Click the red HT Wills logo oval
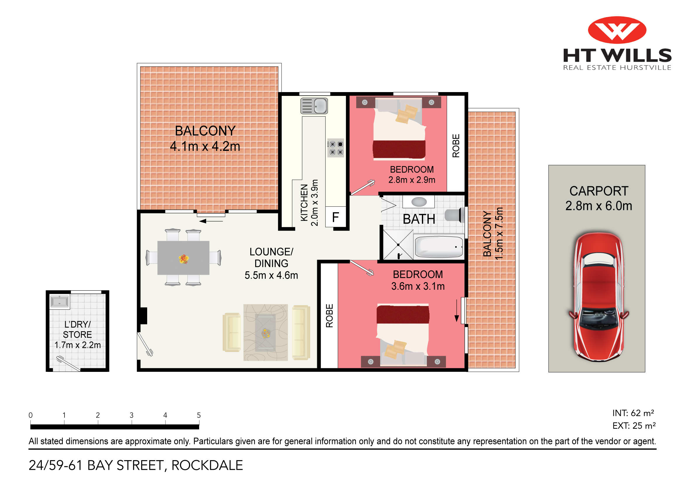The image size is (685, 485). click(x=617, y=30)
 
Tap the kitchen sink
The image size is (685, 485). click(x=314, y=106)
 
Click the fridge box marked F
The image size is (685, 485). click(x=335, y=217)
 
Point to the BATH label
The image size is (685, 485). click(x=419, y=220)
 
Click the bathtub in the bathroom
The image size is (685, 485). click(x=439, y=247)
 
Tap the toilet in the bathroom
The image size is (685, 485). click(x=454, y=215)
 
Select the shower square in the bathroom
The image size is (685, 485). click(x=398, y=245)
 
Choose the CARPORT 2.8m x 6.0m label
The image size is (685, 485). click(x=599, y=199)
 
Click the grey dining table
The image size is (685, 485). click(x=183, y=258)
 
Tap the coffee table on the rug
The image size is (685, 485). click(x=265, y=332)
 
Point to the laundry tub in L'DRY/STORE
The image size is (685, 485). click(x=60, y=301)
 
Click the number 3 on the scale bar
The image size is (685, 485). click(x=131, y=415)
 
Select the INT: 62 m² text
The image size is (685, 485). click(x=633, y=413)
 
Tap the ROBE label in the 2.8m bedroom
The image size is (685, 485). click(x=455, y=146)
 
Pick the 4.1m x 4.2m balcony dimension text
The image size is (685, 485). click(x=205, y=147)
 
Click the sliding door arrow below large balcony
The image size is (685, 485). click(x=211, y=221)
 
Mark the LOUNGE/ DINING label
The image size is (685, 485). click(x=271, y=258)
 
